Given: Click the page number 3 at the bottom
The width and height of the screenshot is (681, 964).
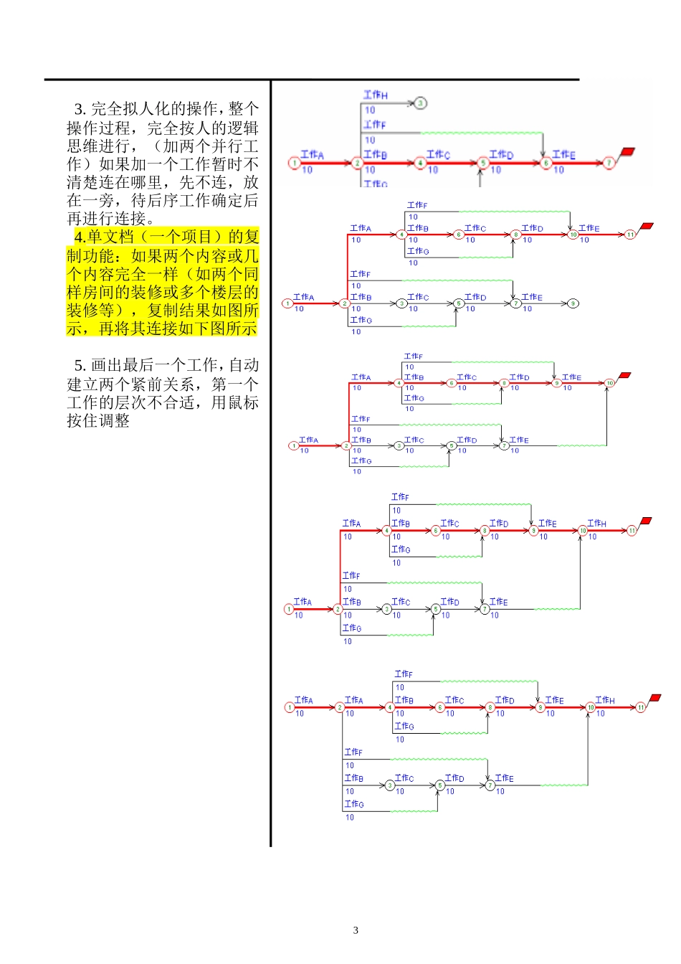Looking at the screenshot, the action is click(356, 930).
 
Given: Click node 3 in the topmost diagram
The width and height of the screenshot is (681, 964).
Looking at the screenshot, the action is click(421, 103).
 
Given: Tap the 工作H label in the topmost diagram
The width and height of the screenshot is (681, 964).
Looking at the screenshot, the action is click(375, 95).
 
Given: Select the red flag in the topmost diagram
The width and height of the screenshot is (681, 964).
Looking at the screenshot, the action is click(627, 152).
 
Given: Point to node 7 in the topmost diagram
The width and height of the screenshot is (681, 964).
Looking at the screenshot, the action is click(609, 164).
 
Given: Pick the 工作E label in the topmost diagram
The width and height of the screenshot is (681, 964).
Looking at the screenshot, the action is click(563, 154).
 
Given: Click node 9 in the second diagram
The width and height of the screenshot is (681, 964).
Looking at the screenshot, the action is click(573, 303).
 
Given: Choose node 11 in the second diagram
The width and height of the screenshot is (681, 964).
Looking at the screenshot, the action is click(630, 235).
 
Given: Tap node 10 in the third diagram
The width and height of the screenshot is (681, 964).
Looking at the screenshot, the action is click(609, 383).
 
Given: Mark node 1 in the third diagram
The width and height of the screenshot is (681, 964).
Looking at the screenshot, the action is click(293, 445).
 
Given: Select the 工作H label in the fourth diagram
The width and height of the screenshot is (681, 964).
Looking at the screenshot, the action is click(596, 524).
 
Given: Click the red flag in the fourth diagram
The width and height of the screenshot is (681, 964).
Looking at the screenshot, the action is click(646, 521).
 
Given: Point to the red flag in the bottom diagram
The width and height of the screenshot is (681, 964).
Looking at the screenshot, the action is click(654, 698).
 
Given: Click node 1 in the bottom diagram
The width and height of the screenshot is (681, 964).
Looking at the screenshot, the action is click(290, 707).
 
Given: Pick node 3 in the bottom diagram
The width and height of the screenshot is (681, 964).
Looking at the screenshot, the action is click(390, 785).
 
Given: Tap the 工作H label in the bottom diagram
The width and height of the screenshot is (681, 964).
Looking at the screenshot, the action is click(604, 700).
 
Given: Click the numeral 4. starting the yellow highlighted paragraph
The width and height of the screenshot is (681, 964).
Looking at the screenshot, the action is click(80, 237).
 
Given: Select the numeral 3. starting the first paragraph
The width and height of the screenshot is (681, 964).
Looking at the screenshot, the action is click(80, 109).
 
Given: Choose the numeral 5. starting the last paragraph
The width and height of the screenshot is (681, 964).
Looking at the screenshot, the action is click(80, 366).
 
